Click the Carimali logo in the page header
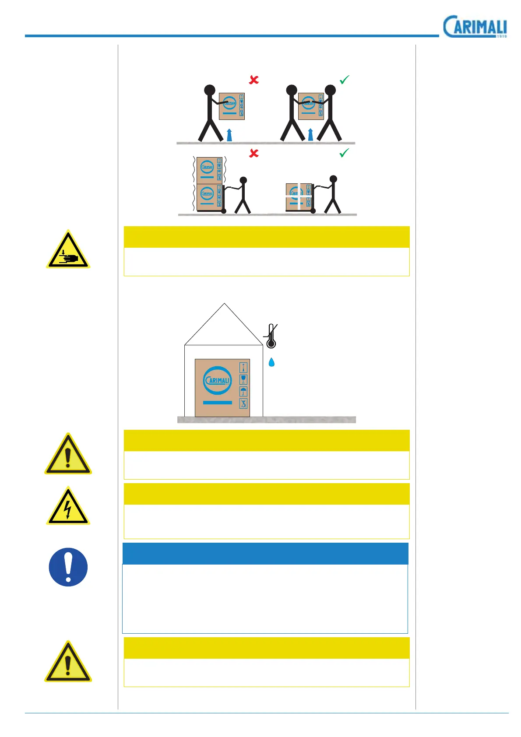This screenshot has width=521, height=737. point(475,27)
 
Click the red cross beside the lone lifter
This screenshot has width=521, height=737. point(254,80)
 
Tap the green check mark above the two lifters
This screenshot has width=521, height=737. point(345,80)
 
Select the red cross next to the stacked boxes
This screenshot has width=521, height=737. point(254,153)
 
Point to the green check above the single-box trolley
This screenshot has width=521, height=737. point(345,153)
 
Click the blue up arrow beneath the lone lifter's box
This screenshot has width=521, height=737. point(229,135)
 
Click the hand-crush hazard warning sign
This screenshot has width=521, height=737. point(68,250)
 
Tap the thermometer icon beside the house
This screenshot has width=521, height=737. point(271,336)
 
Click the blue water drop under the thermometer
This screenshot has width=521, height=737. point(271,362)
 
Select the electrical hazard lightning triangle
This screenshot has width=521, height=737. point(68,507)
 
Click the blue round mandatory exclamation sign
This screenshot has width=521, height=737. point(68,567)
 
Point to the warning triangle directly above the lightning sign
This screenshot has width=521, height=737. point(68,455)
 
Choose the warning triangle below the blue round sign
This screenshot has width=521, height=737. point(68,663)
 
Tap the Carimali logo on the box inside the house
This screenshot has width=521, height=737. point(218,380)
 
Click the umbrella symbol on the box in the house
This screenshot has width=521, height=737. point(243,391)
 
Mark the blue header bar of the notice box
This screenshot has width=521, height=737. point(265,554)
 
